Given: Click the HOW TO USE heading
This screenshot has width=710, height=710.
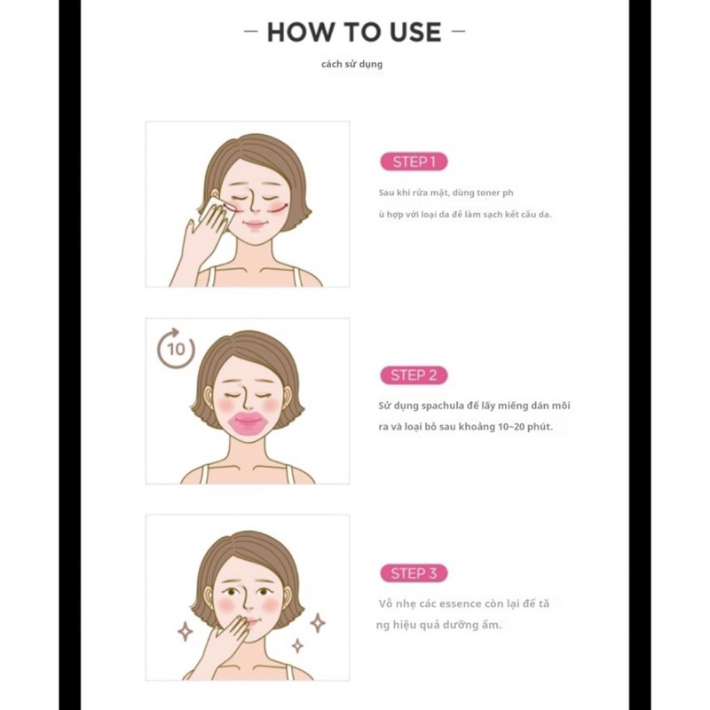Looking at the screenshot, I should tap(354, 32).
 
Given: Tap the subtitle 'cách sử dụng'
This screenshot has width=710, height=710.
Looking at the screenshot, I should tap(352, 64).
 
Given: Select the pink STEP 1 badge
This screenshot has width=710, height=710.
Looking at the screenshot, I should tap(414, 162).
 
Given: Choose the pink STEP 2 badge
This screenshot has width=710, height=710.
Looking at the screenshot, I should tap(414, 375).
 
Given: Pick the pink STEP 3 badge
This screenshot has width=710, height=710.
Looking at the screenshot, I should tap(414, 573).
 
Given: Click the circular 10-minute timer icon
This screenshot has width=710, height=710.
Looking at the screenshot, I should tap(176, 348).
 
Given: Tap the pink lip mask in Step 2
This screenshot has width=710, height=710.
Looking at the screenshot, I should tap(248, 422).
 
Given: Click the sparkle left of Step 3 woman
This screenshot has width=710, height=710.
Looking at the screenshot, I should tap(185, 631).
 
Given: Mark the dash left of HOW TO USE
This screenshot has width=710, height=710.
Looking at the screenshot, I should tap(251, 33).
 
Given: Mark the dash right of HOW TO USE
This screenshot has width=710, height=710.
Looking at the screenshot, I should tap(458, 33).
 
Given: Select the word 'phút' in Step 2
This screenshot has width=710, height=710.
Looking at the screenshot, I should tap(537, 428).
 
